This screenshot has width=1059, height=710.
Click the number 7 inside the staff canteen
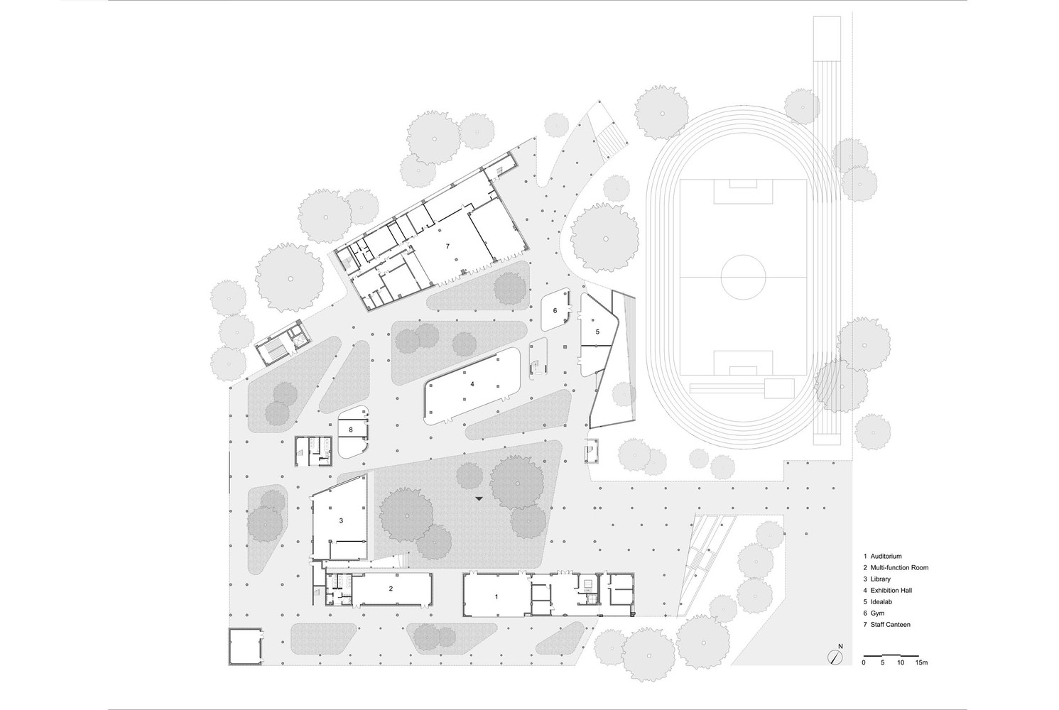tap(447, 246)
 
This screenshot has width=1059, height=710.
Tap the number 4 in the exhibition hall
tap(472, 384)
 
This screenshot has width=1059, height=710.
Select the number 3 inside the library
tap(341, 520)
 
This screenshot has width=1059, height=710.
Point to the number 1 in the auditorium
tap(496, 596)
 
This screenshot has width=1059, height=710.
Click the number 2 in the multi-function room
tap(391, 589)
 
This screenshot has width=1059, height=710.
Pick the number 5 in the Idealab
tap(597, 332)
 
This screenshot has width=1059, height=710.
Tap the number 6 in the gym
tap(555, 310)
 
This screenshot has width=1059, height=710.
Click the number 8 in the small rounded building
tap(350, 430)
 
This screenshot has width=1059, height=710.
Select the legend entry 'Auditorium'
tap(886, 557)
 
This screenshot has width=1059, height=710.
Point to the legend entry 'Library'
tap(881, 579)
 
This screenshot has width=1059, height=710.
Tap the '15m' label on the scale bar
tap(921, 662)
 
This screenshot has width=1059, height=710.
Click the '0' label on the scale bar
tap(864, 662)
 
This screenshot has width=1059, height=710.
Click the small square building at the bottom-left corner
tap(246, 646)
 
